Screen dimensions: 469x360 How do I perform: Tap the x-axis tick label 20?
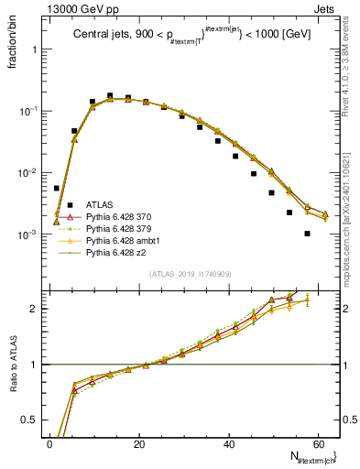(138, 443)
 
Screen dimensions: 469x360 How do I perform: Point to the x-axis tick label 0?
(49, 443)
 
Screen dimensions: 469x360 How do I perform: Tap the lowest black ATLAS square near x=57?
(307, 234)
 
